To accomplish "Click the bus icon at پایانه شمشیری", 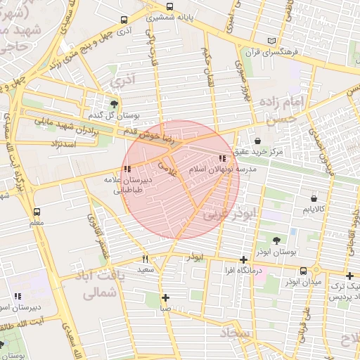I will point(169,6).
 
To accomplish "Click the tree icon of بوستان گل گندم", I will point(115,103).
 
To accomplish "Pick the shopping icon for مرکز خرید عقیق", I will point(257,140).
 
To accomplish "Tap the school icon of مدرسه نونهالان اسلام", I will point(223,159).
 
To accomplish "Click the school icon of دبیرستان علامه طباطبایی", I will point(127,169).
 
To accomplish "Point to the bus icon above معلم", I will point(37,211).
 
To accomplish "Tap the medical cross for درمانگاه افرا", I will point(244,259).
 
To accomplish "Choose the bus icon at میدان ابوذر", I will point(303,270).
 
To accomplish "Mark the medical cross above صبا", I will point(165,297).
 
